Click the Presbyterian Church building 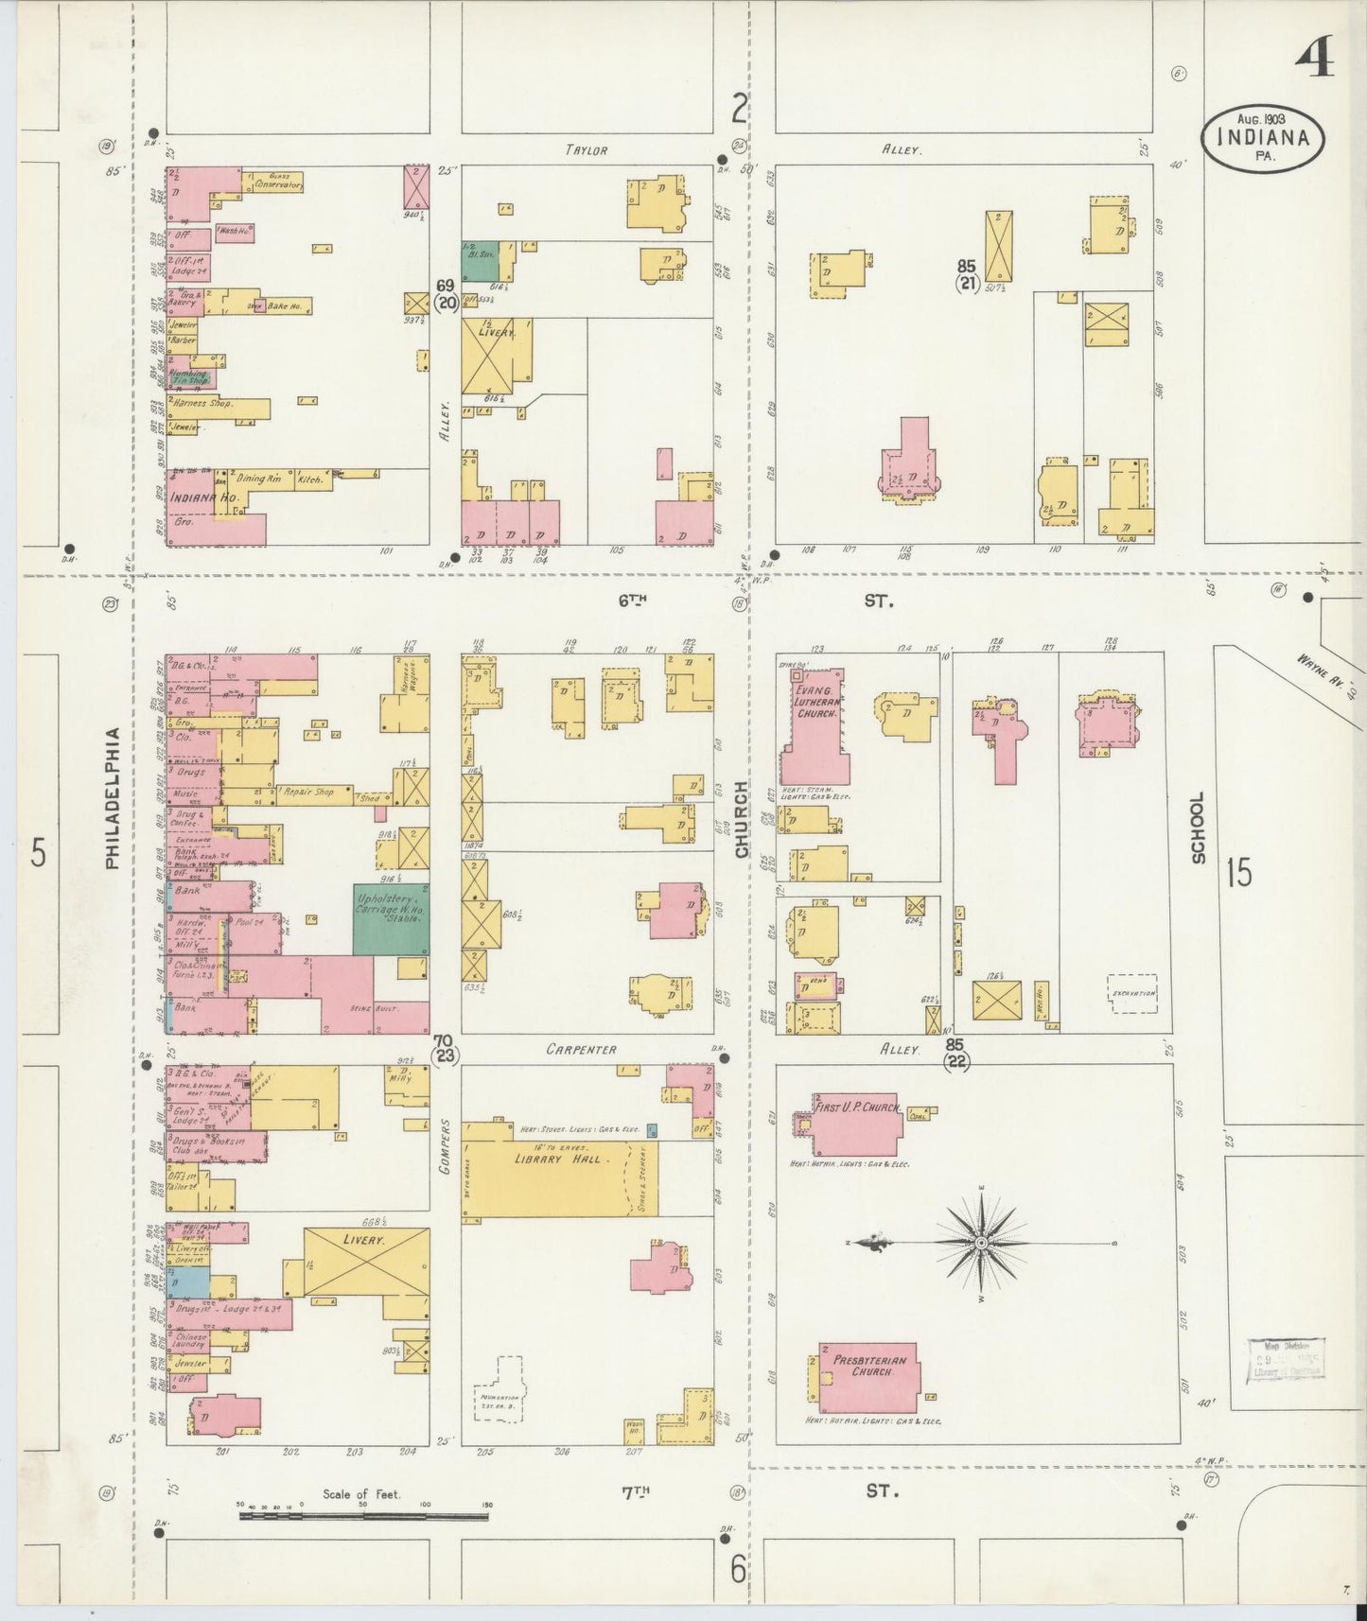[868, 1377]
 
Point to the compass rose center [982, 1242]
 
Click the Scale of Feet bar [363, 1515]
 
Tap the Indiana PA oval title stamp [1263, 138]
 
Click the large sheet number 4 [1314, 56]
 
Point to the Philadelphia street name [113, 797]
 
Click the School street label [1198, 827]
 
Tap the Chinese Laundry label [191, 1340]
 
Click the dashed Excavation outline [1132, 994]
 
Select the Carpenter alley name [581, 1050]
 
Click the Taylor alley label [587, 149]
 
